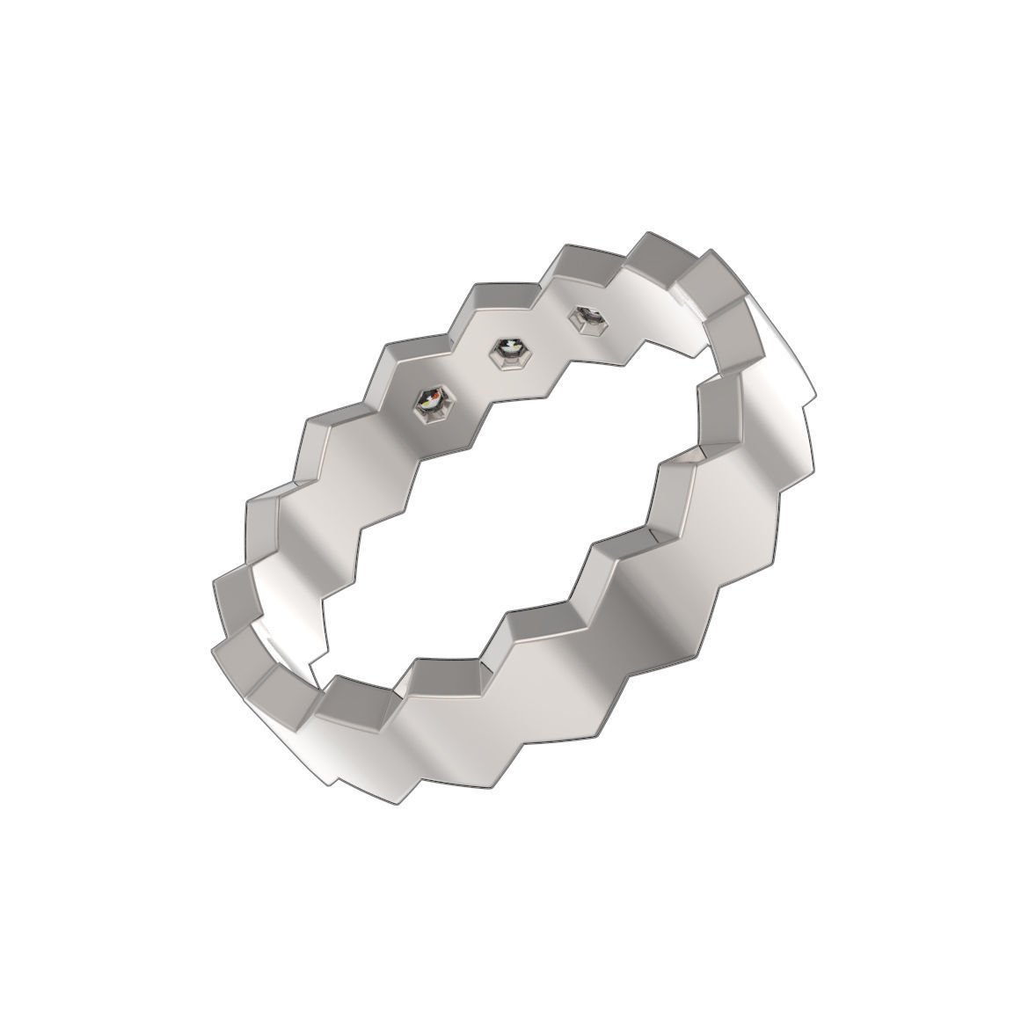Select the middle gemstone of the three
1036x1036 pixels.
pos(507,352)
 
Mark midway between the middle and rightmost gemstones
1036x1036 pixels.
pos(547,334)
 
